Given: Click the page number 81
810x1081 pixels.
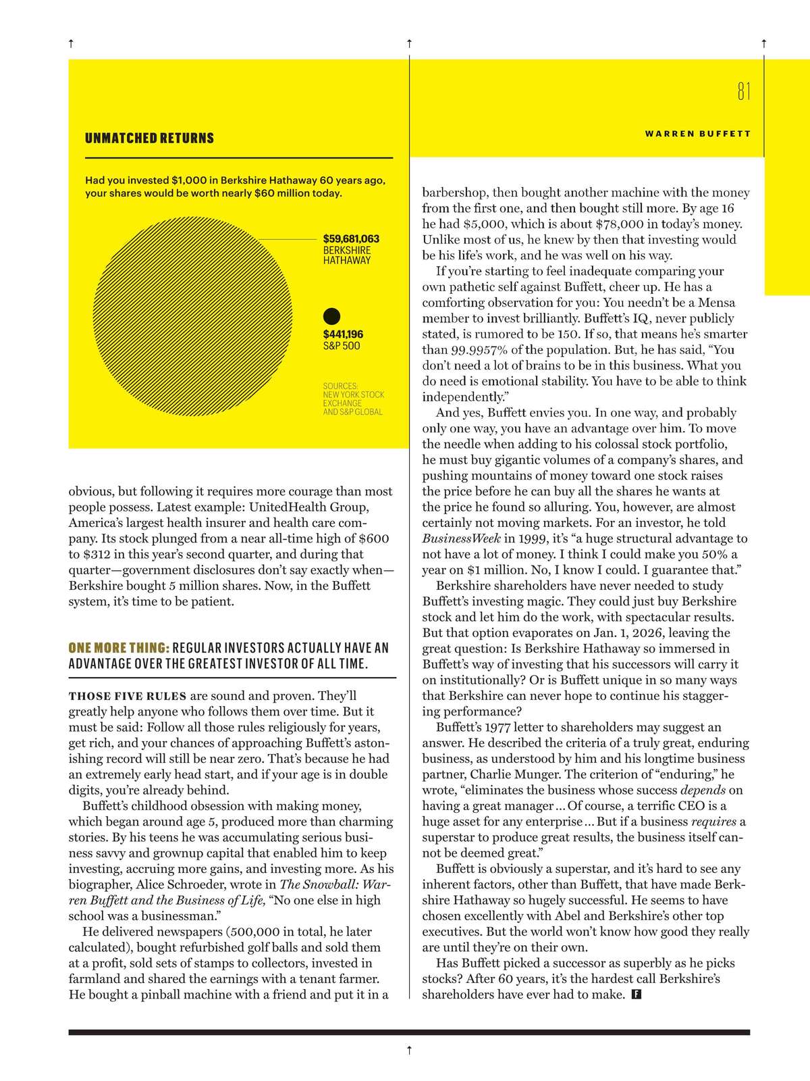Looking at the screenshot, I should tap(744, 91).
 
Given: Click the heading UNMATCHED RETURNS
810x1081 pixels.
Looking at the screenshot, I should tap(149, 139).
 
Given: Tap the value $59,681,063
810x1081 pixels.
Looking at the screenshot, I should tap(351, 238).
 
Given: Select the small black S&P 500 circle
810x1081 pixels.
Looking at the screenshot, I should tap(332, 316).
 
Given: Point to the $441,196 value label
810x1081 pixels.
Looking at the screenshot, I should tap(343, 334).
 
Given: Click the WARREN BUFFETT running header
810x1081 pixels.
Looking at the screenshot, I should tap(697, 134).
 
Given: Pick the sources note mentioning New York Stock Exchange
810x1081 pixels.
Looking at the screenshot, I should tap(353, 399).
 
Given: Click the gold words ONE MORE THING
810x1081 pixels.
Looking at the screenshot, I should tap(119, 648).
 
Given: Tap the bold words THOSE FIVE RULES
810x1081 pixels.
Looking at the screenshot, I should tap(127, 696).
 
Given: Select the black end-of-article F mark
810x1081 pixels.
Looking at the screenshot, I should tap(635, 995).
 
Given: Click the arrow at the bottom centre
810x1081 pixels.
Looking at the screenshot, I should tap(409, 1049).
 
